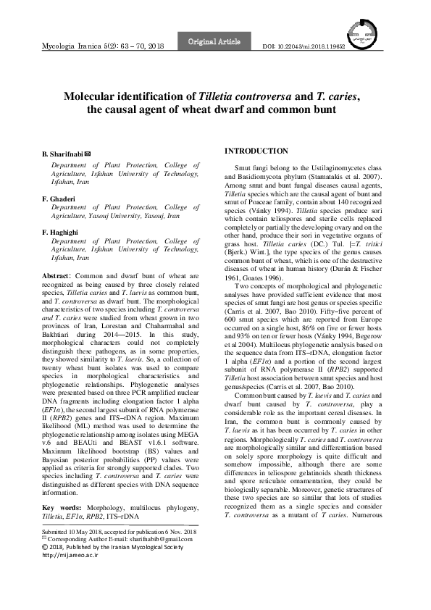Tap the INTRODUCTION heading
256,151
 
